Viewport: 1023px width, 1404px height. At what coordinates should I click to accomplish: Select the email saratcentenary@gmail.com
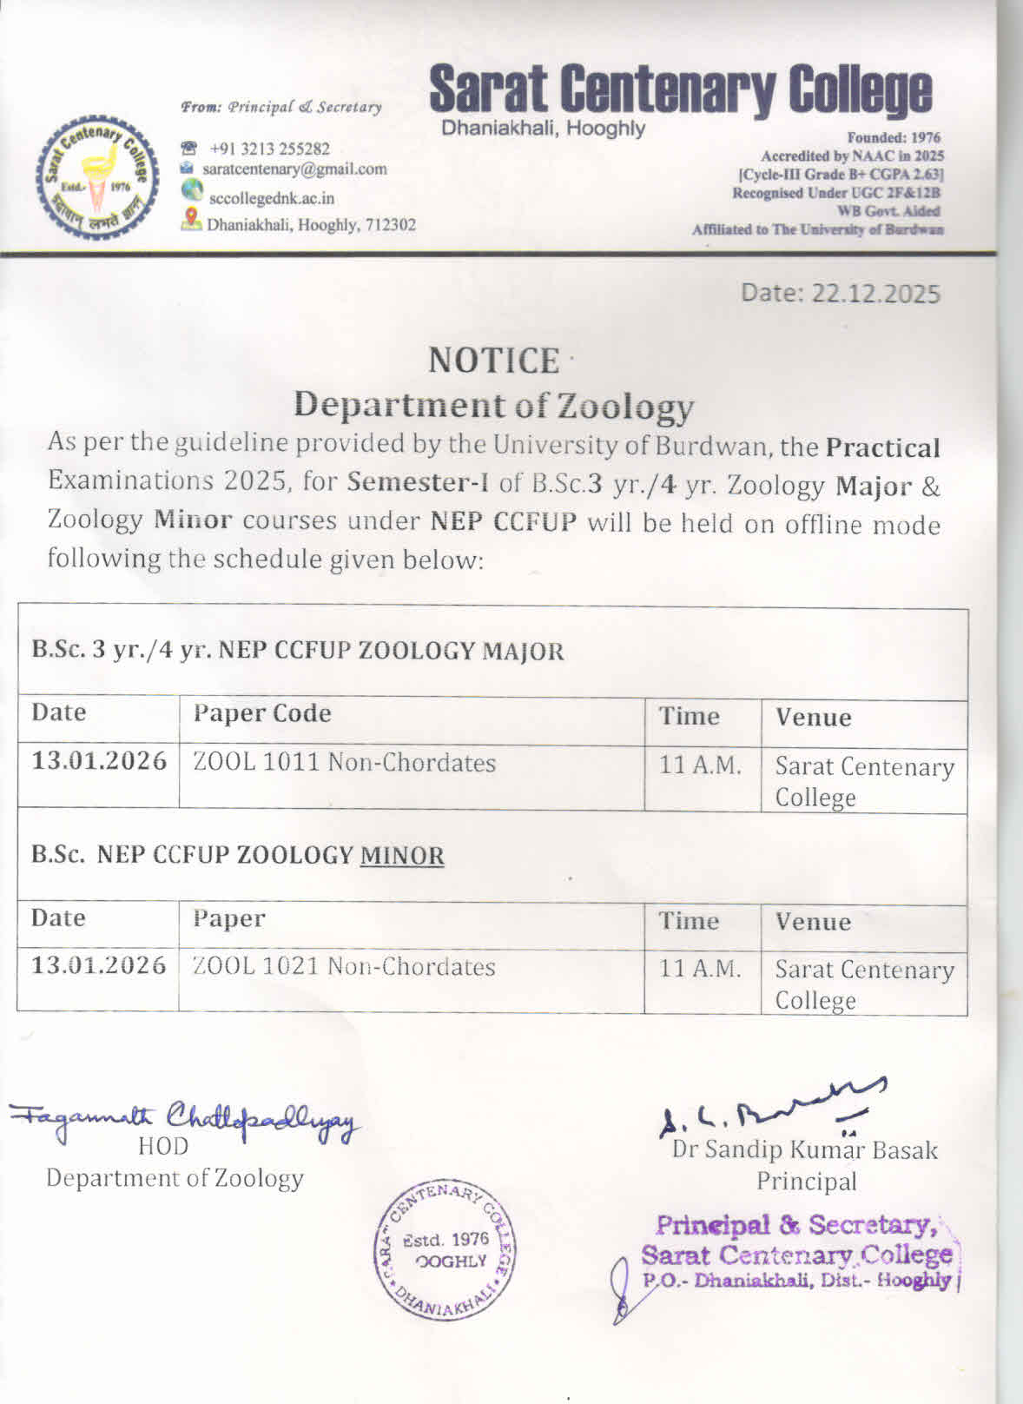pos(294,169)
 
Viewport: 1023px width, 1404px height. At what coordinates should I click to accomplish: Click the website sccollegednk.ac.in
pos(271,198)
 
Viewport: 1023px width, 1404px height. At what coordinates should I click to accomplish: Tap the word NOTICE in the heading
pos(494,361)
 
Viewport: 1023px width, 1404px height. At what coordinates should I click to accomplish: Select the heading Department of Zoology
pos(493,406)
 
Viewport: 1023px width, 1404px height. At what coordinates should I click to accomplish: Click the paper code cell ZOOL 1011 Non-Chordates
pos(345,763)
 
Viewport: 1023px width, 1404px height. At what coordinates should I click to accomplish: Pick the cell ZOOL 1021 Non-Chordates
pos(344,967)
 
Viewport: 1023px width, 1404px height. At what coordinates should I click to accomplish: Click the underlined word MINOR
pos(402,856)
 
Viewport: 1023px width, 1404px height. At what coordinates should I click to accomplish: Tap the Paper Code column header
pos(262,713)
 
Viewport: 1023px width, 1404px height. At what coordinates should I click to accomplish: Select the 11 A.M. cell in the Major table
pos(700,765)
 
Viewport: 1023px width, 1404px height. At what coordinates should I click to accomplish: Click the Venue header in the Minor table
pos(813,921)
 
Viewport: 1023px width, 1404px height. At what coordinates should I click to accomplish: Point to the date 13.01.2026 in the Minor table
pos(99,966)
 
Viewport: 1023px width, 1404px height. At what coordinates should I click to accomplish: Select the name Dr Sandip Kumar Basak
pos(804,1149)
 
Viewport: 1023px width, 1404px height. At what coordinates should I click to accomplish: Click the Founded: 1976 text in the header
pos(894,137)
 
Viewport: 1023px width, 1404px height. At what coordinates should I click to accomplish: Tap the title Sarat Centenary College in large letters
pos(680,89)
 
